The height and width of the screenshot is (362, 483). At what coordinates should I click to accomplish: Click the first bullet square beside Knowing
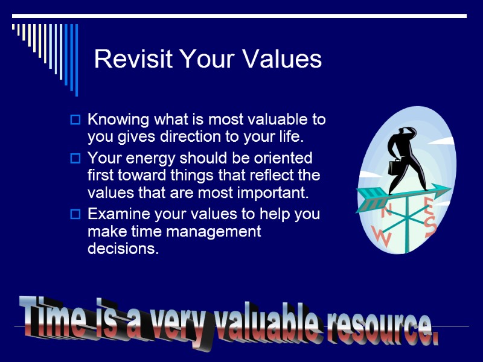point(75,120)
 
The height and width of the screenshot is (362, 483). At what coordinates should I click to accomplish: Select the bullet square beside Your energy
point(75,159)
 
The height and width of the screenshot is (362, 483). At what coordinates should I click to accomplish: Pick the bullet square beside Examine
point(75,214)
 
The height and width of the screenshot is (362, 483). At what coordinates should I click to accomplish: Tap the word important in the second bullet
point(272,194)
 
